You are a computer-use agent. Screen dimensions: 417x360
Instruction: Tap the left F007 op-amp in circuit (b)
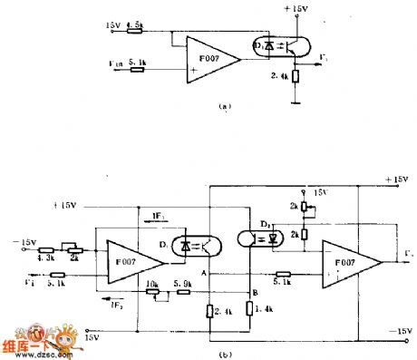pyautogui.click(x=132, y=258)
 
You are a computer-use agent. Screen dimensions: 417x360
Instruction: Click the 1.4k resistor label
pyautogui.click(x=263, y=309)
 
